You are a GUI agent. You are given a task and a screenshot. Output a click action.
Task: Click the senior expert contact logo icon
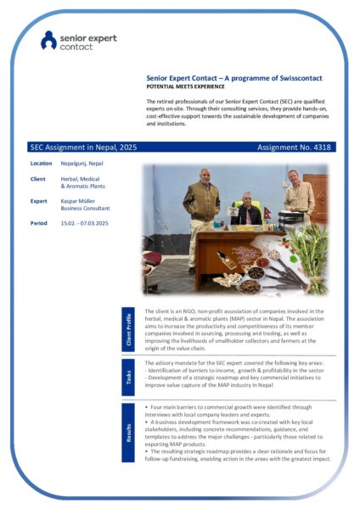[x=49, y=40]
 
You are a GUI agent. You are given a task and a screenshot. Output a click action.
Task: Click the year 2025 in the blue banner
[x=123, y=147]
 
